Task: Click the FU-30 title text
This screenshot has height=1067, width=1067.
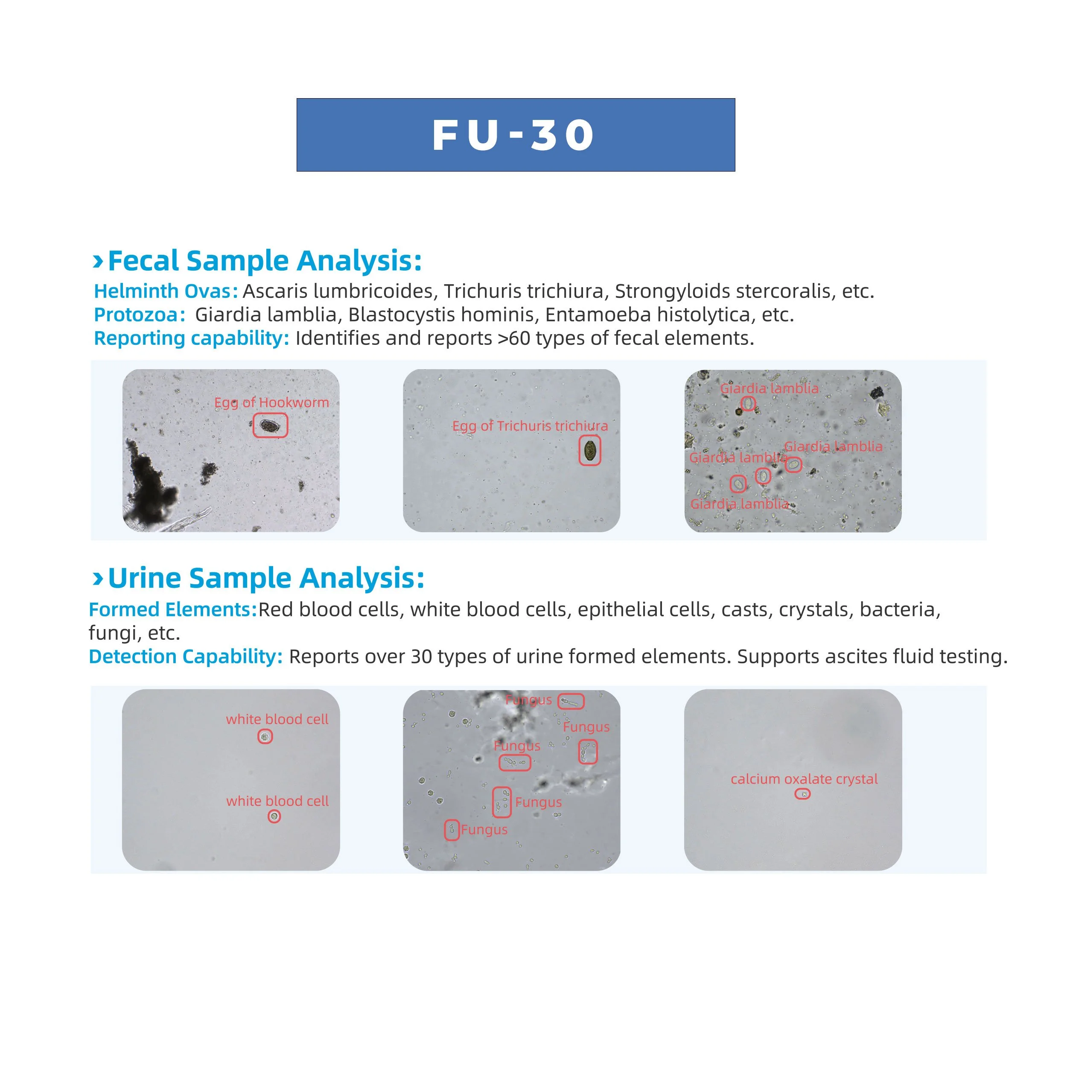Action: click(513, 135)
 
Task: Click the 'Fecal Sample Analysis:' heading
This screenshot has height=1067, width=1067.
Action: click(265, 261)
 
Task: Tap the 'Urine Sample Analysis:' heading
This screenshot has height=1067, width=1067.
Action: click(266, 578)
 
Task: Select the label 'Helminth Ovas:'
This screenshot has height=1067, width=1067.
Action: click(166, 291)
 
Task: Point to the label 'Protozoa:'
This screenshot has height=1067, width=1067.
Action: click(140, 315)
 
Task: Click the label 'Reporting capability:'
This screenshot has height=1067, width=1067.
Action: click(192, 338)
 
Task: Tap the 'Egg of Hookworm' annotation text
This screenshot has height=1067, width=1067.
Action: click(272, 402)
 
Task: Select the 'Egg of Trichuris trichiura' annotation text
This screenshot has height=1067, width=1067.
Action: click(530, 426)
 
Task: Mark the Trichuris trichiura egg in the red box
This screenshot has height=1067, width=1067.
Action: click(590, 451)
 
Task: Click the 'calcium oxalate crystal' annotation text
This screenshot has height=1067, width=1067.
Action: click(804, 779)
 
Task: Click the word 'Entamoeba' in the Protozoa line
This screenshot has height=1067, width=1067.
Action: click(598, 315)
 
